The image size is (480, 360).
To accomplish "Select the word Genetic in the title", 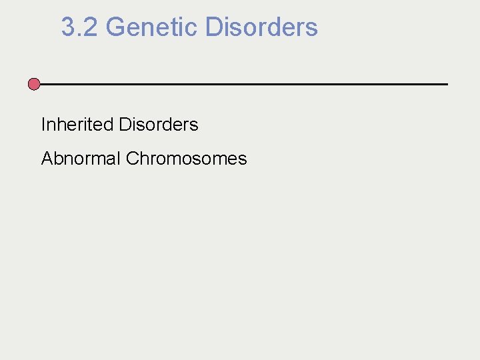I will (x=151, y=27).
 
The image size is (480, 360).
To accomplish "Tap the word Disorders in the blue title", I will (x=261, y=27).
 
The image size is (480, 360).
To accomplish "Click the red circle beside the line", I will (x=34, y=84).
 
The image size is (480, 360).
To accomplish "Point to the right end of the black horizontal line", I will (x=447, y=84).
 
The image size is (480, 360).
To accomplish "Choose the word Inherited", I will (x=77, y=125).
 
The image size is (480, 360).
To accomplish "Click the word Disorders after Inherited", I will (x=158, y=125).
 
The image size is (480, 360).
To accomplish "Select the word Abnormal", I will (x=81, y=159).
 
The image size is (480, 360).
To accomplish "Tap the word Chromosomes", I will (x=186, y=159).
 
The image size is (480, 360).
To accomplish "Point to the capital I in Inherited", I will (x=43, y=125).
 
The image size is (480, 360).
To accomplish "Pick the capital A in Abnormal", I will (x=47, y=159).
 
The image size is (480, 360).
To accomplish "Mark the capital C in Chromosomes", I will (x=131, y=159).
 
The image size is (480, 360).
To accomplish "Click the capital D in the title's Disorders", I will (x=214, y=27).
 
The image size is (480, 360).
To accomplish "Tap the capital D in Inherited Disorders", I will (x=124, y=125).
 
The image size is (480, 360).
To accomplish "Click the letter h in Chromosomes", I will (x=142, y=159).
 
